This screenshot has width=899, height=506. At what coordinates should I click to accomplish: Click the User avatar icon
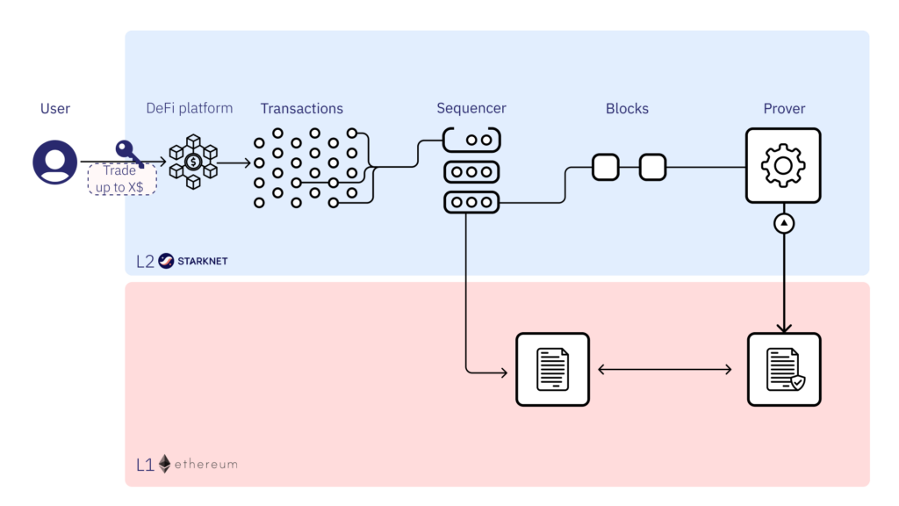[x=55, y=163]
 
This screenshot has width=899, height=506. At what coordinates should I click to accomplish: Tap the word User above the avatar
[x=55, y=109]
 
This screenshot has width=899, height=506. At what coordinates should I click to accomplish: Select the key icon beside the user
[x=127, y=154]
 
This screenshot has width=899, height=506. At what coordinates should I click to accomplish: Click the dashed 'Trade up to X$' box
[x=121, y=178]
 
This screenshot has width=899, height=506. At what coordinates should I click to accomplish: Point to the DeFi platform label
[x=190, y=108]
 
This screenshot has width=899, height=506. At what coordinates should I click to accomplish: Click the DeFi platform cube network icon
[x=193, y=163]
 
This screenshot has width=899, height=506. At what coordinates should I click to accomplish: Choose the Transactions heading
[x=301, y=109]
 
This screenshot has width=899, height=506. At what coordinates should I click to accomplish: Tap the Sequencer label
[x=471, y=109]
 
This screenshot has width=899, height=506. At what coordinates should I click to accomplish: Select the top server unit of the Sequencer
[x=471, y=140]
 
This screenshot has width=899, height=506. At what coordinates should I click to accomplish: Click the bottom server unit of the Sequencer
[x=471, y=202]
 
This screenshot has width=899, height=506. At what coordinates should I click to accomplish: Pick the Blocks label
[x=627, y=109]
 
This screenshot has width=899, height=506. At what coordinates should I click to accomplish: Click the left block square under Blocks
[x=606, y=167]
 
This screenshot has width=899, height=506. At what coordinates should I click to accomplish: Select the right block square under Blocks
[x=652, y=167]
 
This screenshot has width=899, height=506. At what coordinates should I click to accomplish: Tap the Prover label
[x=784, y=109]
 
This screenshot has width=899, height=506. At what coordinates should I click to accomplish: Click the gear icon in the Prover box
[x=783, y=166]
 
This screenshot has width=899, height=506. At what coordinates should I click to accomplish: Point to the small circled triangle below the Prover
[x=784, y=224]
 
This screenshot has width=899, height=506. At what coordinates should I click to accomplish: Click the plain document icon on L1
[x=552, y=369]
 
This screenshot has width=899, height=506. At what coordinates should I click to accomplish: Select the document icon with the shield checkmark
[x=783, y=369]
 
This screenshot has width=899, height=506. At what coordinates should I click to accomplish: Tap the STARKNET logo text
[x=202, y=261]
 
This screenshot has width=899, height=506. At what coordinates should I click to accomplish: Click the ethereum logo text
[x=205, y=464]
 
